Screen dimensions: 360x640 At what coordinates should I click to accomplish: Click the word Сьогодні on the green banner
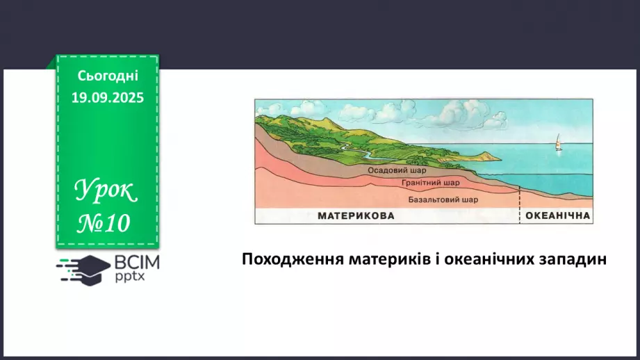(107, 76)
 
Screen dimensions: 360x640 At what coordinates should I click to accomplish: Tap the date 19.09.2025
(107, 98)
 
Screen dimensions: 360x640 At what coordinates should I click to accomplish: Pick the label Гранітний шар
(430, 183)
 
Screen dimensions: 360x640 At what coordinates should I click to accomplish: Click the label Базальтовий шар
(443, 199)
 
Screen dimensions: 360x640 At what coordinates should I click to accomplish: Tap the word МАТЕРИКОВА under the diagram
(356, 216)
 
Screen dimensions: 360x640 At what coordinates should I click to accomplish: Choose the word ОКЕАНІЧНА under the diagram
(557, 216)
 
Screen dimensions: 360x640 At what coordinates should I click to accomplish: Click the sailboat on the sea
(557, 144)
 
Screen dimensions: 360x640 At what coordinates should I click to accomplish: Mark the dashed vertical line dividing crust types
(519, 205)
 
